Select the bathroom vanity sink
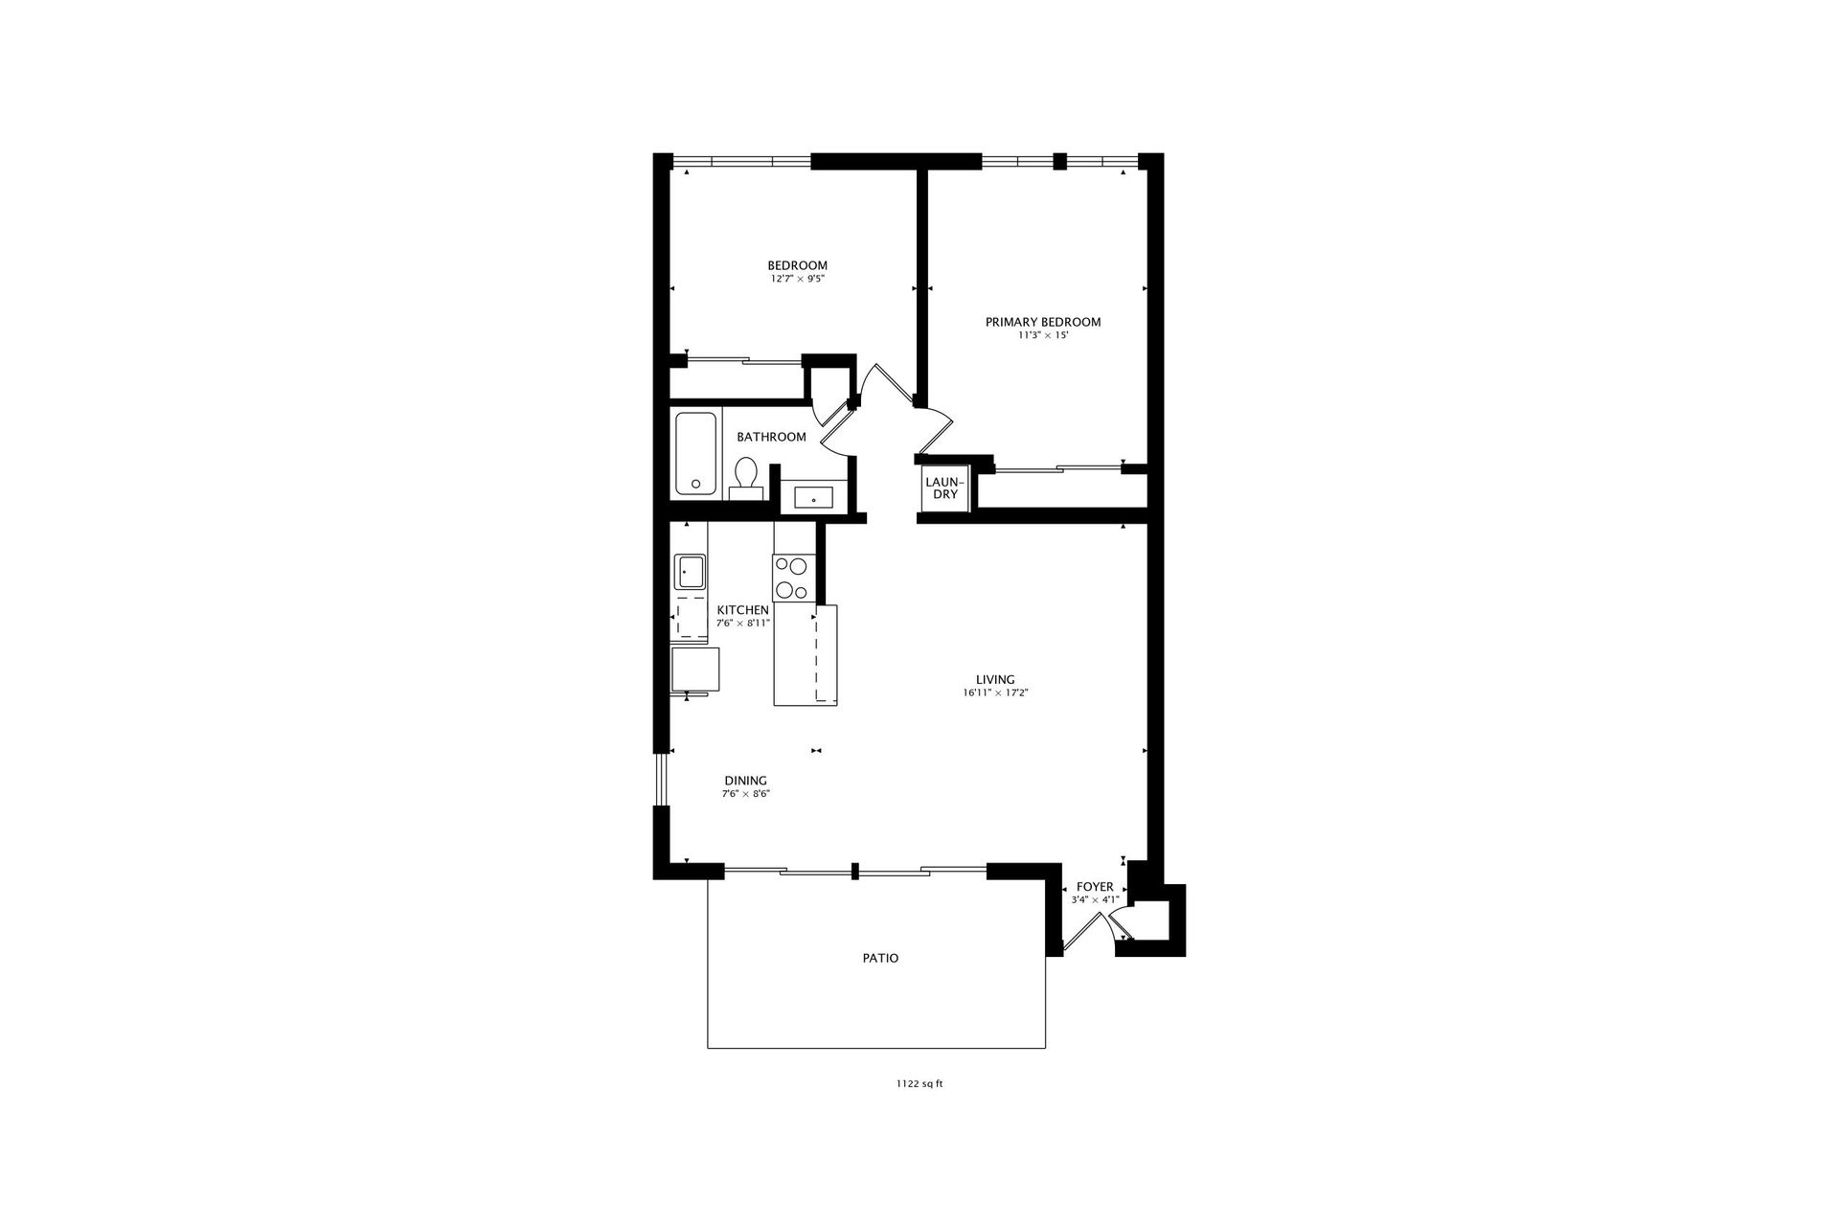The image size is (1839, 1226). pos(813,498)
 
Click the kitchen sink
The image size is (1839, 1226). pos(689,572)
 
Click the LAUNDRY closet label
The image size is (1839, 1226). pos(944,488)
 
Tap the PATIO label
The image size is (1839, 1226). pos(880,958)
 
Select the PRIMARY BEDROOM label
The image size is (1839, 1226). pos(1043,322)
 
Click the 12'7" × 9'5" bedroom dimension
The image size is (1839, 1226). pos(797,279)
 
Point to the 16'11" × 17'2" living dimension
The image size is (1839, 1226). pos(995,692)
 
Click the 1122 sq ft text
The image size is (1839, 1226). pos(919,1084)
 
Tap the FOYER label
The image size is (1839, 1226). pos(1095,887)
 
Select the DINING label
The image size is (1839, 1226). pos(745,781)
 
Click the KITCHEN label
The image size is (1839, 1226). pos(742,610)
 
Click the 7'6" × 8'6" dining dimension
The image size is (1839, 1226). pos(746,794)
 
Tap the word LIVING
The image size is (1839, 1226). pos(995,680)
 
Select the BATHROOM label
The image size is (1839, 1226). pos(771,437)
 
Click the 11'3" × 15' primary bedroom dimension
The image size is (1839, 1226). pos(1043,335)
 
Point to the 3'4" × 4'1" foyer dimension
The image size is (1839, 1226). pos(1095,900)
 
